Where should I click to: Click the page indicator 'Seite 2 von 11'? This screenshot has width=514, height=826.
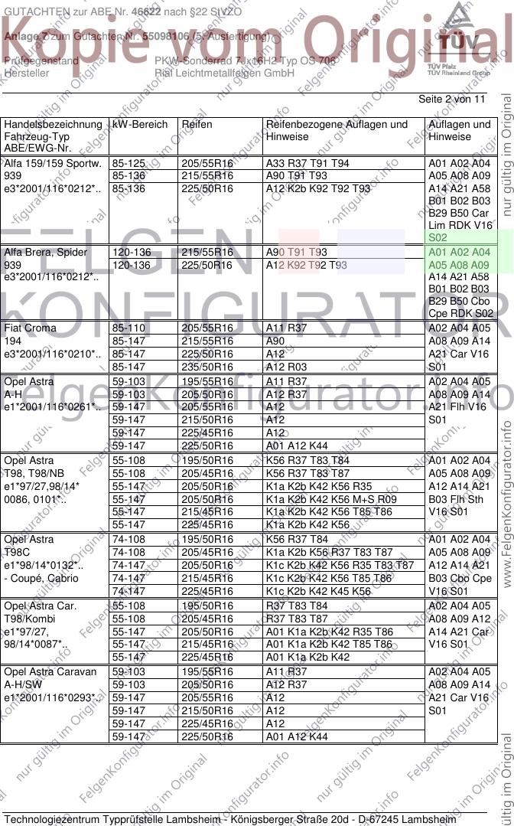(451, 100)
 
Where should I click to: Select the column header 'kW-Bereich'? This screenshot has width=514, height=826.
(139, 124)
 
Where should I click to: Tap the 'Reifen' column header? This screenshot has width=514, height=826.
(197, 124)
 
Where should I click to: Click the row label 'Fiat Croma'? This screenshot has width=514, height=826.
(30, 328)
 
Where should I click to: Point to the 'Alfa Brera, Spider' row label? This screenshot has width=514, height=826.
(46, 252)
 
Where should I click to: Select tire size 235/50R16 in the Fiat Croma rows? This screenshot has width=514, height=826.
(207, 367)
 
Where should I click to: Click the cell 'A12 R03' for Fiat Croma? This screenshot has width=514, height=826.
(287, 367)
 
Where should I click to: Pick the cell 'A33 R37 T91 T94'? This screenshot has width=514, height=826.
(307, 164)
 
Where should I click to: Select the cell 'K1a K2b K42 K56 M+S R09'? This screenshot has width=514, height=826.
(331, 499)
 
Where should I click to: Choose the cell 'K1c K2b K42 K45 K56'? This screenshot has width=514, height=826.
(318, 591)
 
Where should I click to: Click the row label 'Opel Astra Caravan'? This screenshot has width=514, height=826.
(50, 672)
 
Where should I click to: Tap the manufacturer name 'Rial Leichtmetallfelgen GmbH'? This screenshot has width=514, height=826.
(224, 73)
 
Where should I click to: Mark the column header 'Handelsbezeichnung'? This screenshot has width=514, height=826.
(53, 124)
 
